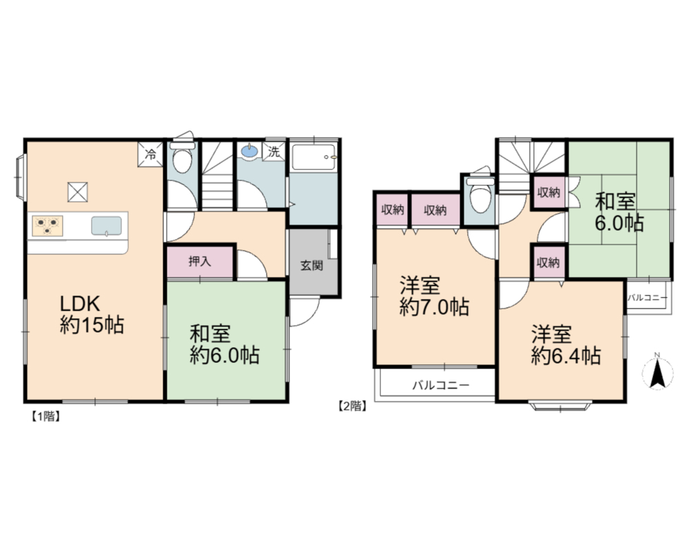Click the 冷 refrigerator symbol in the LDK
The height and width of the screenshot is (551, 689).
[x=150, y=154]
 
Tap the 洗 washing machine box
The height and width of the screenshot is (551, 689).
[x=274, y=152]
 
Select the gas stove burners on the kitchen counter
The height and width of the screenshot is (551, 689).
[x=48, y=225]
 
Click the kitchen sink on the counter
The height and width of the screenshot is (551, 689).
[x=106, y=226]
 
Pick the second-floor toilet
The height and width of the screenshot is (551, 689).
[x=480, y=195]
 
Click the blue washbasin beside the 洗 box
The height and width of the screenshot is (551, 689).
[x=249, y=151]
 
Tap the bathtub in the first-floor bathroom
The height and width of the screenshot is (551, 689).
[x=313, y=157]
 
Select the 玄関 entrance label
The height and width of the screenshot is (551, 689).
[x=311, y=265]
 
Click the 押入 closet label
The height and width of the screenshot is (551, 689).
[x=200, y=262]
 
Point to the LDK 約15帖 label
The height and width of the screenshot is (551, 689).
[x=92, y=315]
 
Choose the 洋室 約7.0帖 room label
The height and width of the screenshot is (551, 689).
[x=434, y=296]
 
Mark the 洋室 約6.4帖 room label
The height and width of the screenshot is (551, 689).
[x=566, y=345]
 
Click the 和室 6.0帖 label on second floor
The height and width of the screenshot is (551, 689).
[x=619, y=212]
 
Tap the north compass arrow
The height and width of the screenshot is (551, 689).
[x=657, y=373]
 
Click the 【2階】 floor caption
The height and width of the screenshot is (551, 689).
[x=352, y=406]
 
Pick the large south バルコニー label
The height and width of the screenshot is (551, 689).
[x=441, y=386]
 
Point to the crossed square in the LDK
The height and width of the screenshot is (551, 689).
[x=78, y=192]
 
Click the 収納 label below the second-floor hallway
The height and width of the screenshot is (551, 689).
[x=548, y=262]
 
